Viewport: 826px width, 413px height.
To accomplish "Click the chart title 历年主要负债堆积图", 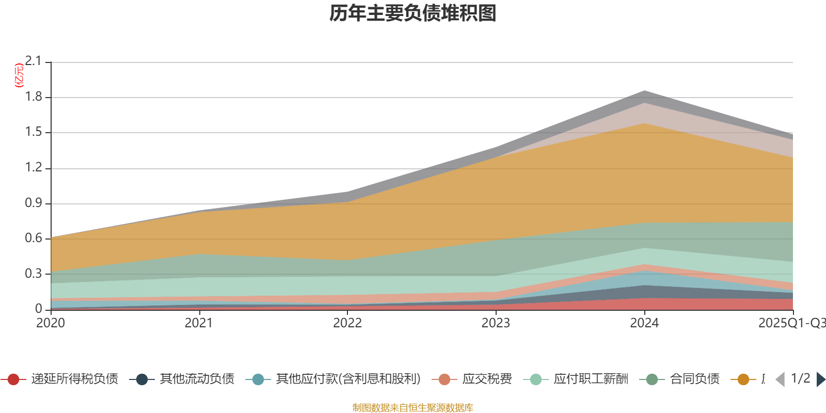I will coord(413,14).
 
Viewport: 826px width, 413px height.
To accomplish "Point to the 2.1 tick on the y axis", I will coord(34,61).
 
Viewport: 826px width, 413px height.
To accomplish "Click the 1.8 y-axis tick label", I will coord(34,97).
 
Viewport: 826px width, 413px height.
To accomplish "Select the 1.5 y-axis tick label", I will coord(34,132).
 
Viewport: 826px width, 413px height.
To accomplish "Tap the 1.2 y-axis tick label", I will coord(34,168).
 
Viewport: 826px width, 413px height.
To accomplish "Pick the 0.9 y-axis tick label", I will coord(34,203).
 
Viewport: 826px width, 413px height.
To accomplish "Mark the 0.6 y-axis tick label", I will coord(34,239).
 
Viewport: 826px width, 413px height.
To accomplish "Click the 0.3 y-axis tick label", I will coord(34,274).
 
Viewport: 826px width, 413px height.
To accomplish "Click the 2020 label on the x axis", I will coord(51,323).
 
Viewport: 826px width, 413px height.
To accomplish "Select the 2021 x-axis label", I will coord(199,323).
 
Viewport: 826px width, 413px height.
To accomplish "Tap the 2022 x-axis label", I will coord(347,323).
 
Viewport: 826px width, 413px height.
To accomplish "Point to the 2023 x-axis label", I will coord(496,323).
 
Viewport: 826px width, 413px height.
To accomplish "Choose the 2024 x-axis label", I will coord(644,323).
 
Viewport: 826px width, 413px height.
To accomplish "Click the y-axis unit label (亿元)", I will coord(19,75).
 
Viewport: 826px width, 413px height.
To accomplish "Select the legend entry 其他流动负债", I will coord(197,379).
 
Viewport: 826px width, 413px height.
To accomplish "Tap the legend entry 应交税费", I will coord(487,379).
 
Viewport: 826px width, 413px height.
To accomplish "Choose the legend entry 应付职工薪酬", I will coord(591,379).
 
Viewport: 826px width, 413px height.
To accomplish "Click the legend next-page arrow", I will coord(820,379).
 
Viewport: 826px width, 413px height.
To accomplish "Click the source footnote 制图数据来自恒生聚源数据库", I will coord(413,408).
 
